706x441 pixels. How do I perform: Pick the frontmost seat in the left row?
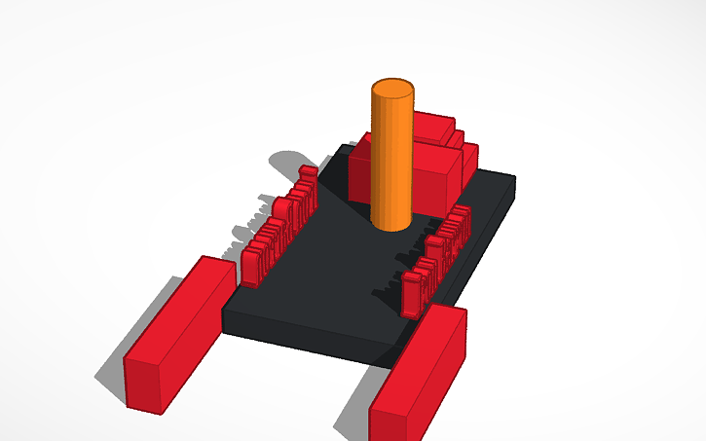(x=252, y=266)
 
